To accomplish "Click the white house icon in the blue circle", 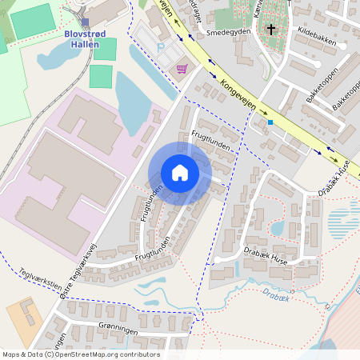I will coord(180,173).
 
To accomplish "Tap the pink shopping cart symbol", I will coord(182,69).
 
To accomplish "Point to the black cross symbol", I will coord(270,30).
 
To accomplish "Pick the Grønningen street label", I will coord(97,330).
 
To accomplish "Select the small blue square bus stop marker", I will coord(270,122).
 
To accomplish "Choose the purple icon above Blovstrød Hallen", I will coord(86,22).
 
